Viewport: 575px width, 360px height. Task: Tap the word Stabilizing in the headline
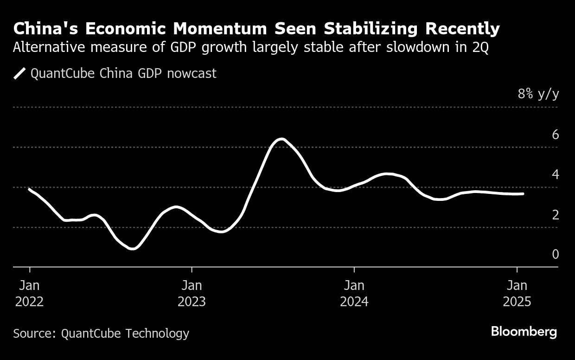371,29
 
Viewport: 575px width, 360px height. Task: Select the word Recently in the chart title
462,29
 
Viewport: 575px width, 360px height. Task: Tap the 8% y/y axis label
538,94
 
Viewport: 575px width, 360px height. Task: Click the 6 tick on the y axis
555,135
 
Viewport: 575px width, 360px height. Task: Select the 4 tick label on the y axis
555,174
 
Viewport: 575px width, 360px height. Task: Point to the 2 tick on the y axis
555,215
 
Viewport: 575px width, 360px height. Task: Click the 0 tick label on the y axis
555,254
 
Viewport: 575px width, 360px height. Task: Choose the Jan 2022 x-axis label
29,293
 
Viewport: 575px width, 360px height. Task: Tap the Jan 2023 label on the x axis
192,293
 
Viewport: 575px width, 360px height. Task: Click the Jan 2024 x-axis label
354,293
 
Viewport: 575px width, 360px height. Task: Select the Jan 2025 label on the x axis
517,293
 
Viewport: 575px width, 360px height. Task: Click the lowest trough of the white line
133,249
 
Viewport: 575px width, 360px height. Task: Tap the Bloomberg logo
524,332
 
